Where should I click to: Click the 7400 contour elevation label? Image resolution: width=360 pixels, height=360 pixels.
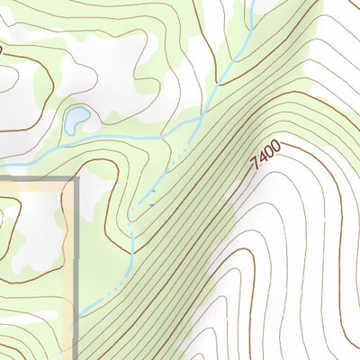click(x=266, y=154)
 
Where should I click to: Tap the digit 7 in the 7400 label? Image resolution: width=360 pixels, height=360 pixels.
click(x=255, y=165)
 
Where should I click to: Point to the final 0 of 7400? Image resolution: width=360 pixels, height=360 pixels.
click(x=277, y=144)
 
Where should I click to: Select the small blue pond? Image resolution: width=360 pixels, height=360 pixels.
click(x=76, y=117)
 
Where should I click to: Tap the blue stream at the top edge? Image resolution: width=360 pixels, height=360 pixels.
click(x=253, y=4)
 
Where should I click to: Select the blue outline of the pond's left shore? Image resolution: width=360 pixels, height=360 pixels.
click(x=67, y=119)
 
